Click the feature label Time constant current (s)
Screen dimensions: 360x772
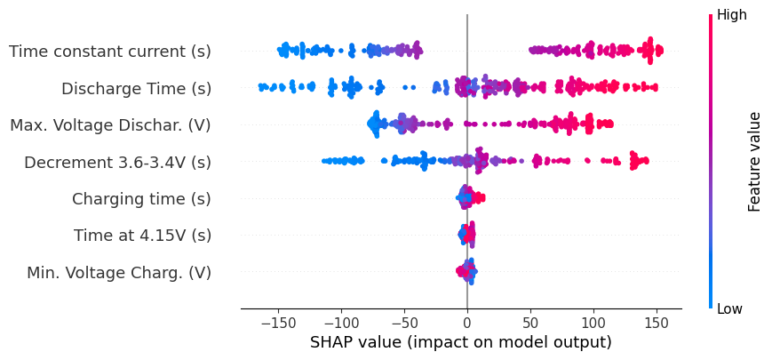click(x=110, y=52)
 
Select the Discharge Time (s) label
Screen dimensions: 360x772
click(x=136, y=89)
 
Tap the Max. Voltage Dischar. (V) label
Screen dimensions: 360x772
click(x=110, y=125)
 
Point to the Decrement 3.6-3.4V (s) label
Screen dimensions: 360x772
click(x=117, y=163)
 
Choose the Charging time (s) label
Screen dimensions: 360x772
click(x=141, y=199)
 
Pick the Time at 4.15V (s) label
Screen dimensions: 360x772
click(x=142, y=236)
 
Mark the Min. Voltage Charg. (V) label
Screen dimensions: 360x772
click(x=119, y=273)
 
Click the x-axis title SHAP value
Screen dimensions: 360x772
click(x=460, y=343)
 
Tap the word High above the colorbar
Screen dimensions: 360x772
click(x=732, y=15)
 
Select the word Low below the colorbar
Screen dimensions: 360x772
click(x=730, y=308)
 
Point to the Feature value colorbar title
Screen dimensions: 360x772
click(x=755, y=162)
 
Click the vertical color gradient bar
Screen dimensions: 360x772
click(x=711, y=162)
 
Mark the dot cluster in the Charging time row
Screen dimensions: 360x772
click(x=469, y=197)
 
